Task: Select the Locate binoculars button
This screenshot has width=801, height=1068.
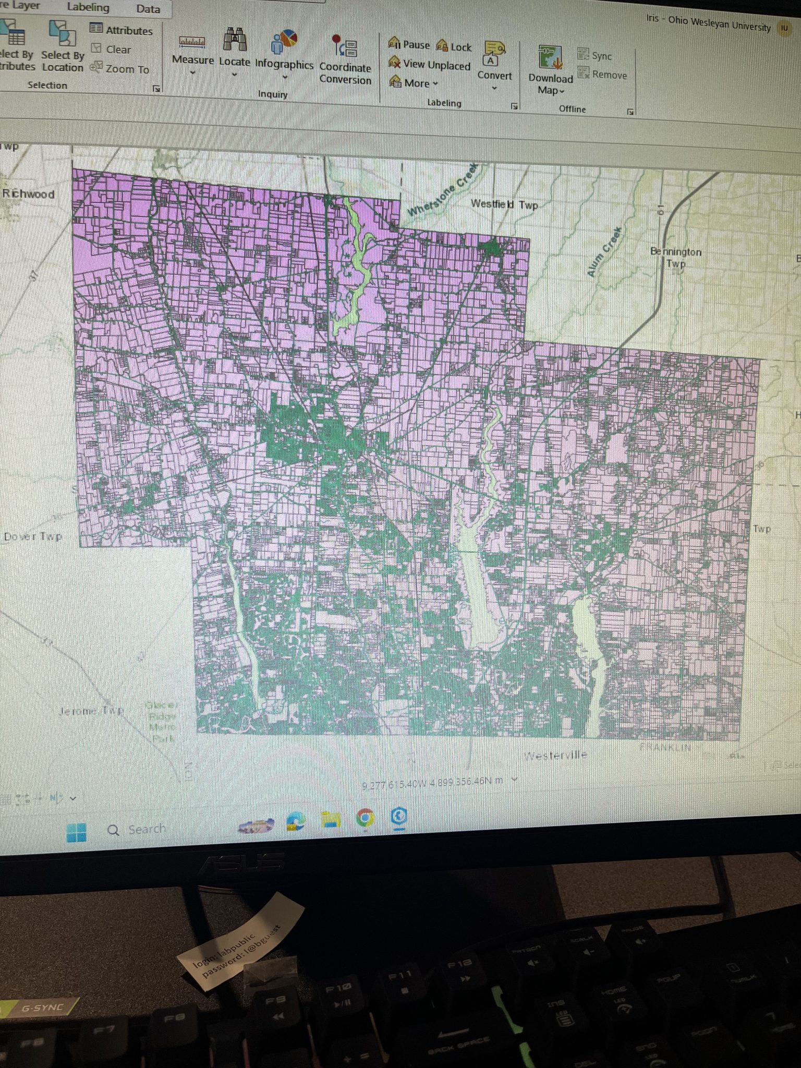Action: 235,47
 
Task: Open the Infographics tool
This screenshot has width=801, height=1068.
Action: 284,50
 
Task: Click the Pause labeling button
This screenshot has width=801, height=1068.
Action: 409,44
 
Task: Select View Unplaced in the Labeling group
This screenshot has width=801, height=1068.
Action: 430,64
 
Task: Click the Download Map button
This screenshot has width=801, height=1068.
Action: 550,68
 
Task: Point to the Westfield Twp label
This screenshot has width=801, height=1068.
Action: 504,204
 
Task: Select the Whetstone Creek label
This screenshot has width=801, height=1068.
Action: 443,190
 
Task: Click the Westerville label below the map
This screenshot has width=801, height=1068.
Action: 555,755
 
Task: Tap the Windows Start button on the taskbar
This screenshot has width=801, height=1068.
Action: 77,832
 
